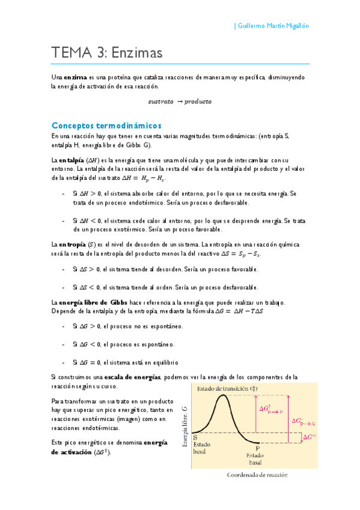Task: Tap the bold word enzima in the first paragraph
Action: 75,78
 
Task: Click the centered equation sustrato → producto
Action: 180,102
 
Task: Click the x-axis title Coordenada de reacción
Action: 257,475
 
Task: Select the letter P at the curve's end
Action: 257,449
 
